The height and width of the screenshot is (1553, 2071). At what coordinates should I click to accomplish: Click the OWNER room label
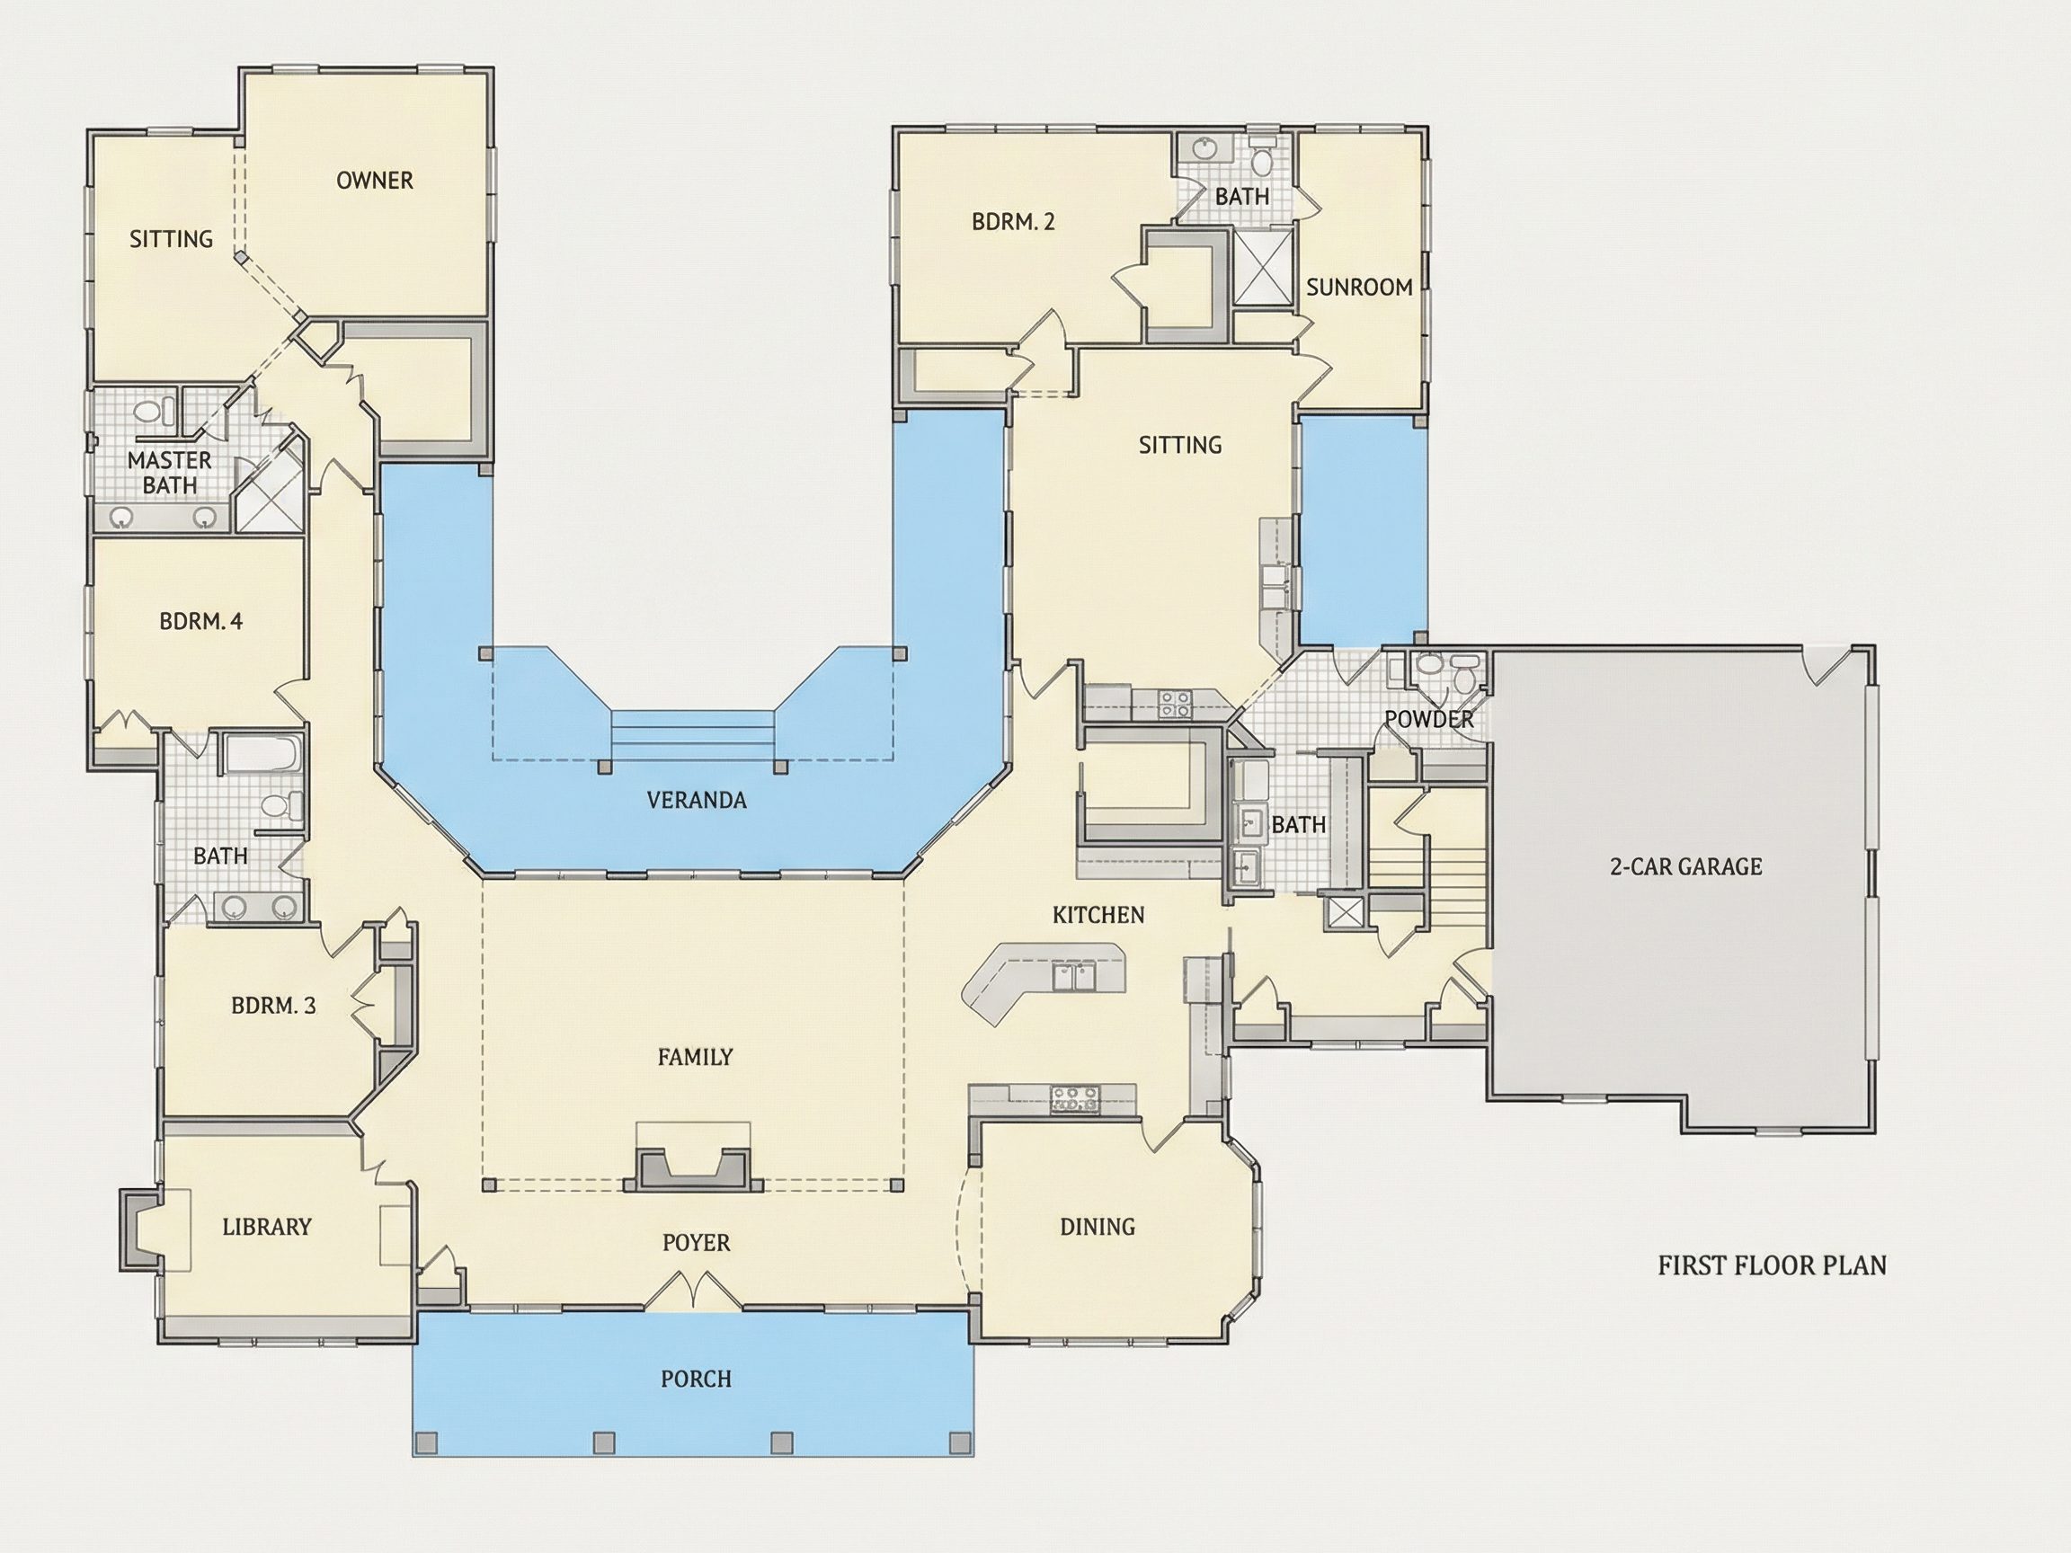click(375, 181)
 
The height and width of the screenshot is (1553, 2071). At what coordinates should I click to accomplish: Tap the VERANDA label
click(697, 801)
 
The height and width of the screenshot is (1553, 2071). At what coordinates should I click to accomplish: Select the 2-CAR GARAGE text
click(1686, 867)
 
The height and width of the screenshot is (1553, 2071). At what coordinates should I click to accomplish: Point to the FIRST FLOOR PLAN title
click(1773, 1265)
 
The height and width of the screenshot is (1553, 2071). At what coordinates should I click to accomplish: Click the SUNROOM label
click(1359, 288)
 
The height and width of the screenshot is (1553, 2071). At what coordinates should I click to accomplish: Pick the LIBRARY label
click(267, 1226)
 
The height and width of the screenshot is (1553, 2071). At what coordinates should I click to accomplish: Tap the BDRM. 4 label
click(201, 621)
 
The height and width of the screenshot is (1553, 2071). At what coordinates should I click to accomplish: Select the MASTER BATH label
click(170, 473)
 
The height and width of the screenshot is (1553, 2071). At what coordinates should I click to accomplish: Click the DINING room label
click(1098, 1226)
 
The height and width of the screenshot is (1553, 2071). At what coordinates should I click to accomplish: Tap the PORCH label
click(697, 1379)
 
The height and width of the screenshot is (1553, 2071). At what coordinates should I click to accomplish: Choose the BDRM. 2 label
click(1013, 222)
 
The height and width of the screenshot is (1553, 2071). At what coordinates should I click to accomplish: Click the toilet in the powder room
click(1463, 669)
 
